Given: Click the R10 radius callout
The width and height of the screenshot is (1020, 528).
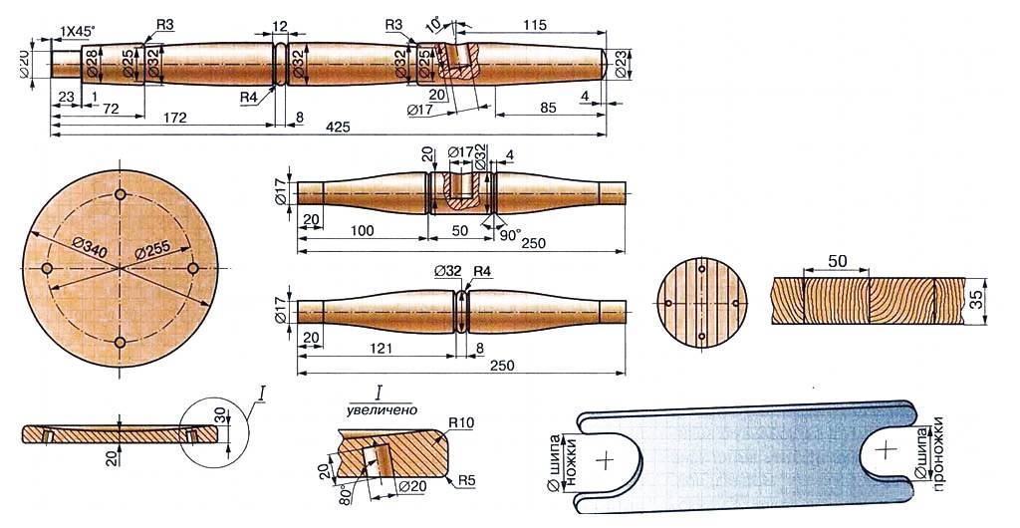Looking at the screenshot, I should pos(462,424).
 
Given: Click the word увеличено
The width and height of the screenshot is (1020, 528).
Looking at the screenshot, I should pos(382,408).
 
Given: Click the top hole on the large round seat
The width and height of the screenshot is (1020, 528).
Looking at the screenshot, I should pos(120,193).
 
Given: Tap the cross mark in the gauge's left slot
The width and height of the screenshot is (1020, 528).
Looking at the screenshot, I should pos(604,460).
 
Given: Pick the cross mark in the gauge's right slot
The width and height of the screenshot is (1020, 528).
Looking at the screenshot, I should pos(884,450).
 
